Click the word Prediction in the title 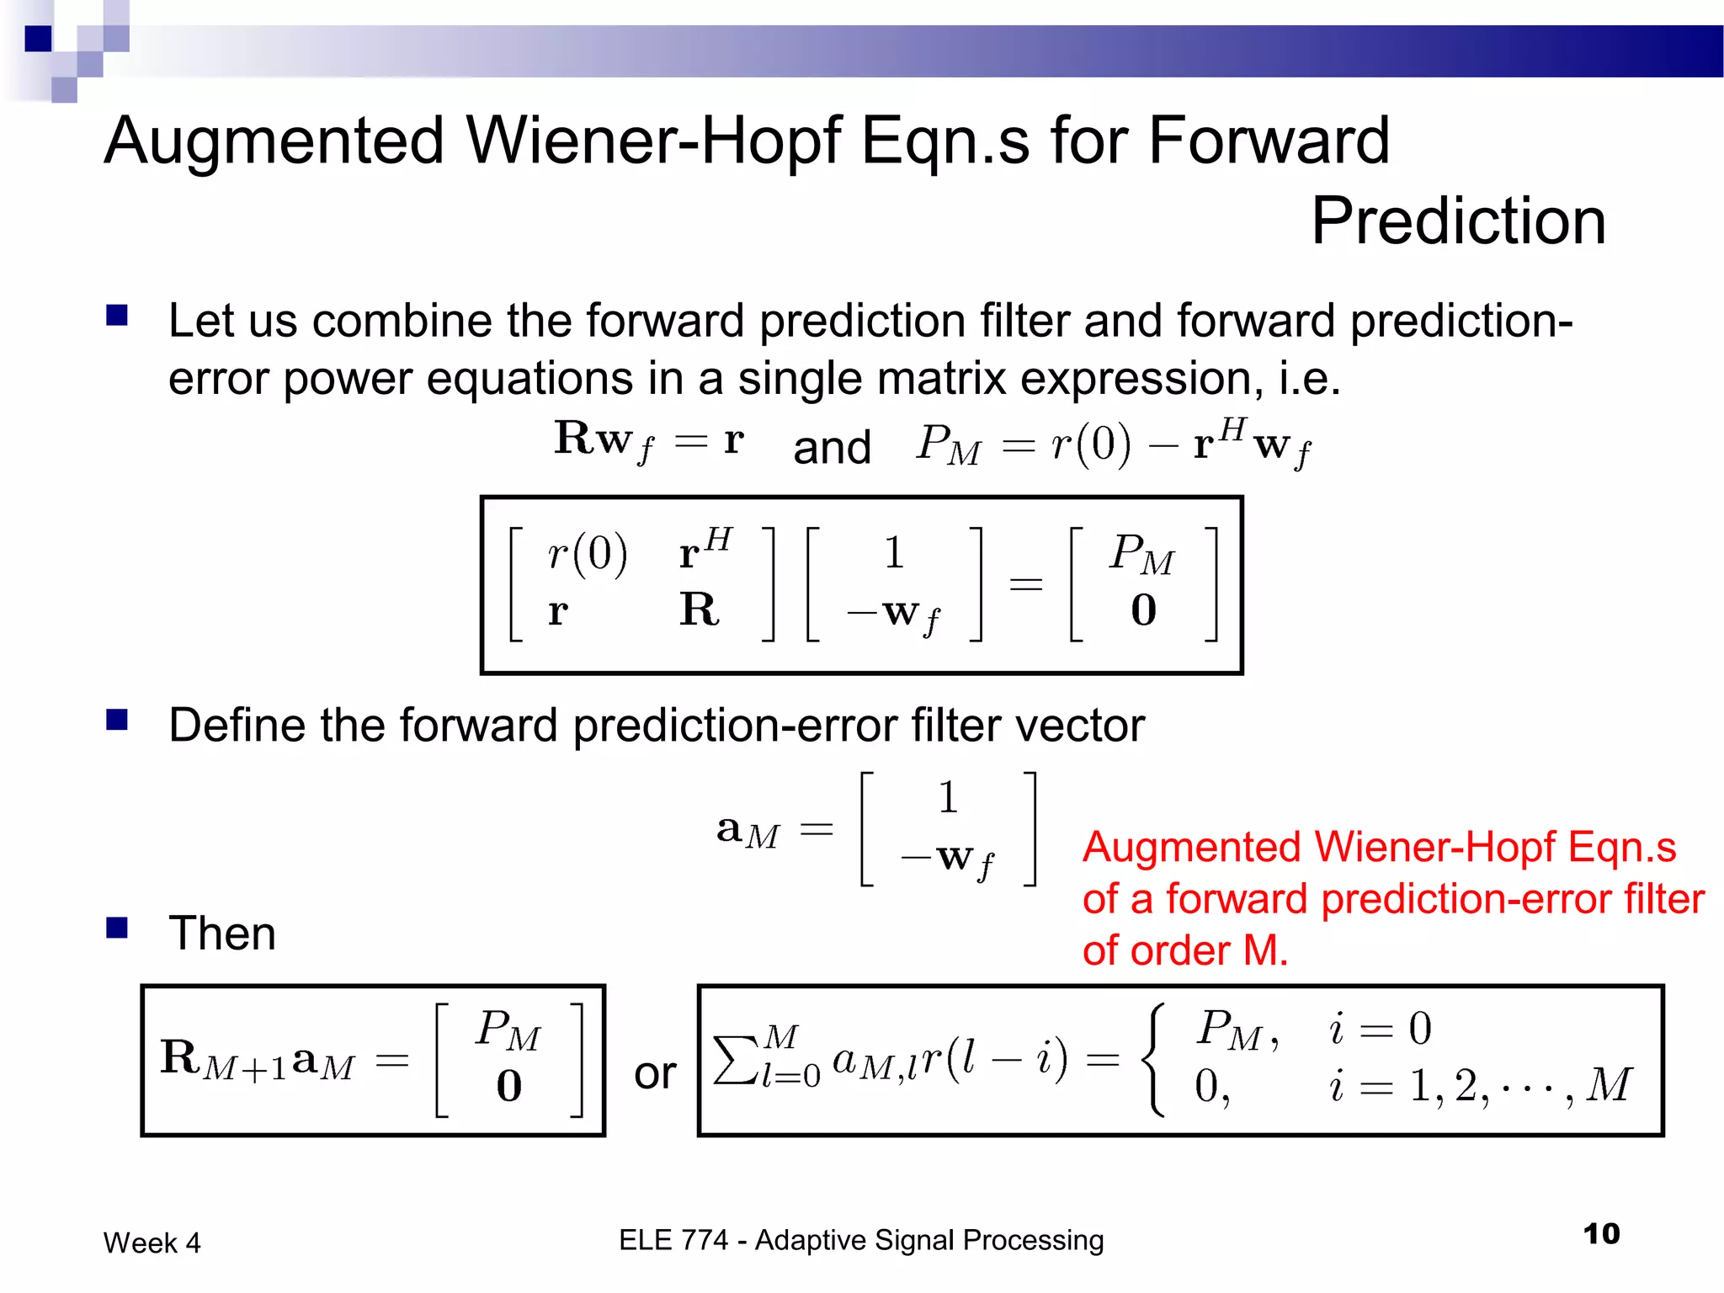1458,221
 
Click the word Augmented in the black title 274,141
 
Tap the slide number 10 1601,1234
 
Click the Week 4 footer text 152,1242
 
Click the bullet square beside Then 117,928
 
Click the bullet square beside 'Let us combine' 117,316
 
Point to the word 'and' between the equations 831,447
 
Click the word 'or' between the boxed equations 654,1073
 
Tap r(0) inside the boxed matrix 587,554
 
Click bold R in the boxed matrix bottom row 699,609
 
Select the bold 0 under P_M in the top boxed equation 1143,610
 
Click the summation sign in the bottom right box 734,1059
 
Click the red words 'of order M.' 1184,951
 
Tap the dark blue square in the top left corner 39,39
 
